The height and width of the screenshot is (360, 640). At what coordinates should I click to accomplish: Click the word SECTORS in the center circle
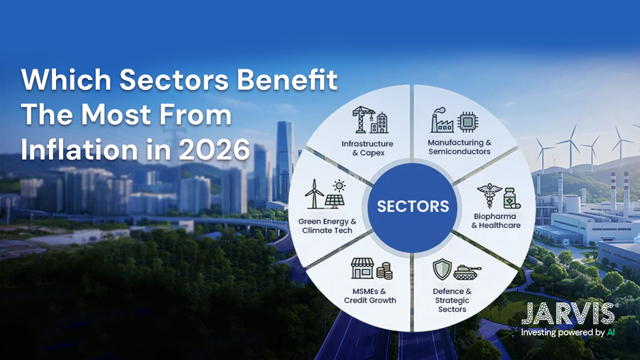[x=413, y=206]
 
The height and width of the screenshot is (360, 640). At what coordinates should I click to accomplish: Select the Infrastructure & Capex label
[x=367, y=148]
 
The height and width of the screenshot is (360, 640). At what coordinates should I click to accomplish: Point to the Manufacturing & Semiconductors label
[x=459, y=147]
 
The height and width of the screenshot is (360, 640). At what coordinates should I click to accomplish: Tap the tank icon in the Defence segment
[x=467, y=271]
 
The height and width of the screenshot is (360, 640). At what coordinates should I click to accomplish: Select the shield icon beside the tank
[x=442, y=270]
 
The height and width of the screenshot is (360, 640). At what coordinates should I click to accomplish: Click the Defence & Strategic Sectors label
[x=452, y=300]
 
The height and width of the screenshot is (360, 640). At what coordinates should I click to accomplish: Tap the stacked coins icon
[x=384, y=271]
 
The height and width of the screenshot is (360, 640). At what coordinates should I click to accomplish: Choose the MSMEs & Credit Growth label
[x=370, y=296]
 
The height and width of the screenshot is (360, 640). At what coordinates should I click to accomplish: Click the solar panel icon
[x=335, y=199]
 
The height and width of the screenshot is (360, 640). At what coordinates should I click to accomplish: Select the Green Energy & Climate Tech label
[x=327, y=226]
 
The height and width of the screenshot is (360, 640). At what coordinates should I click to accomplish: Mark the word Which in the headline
[x=65, y=81]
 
